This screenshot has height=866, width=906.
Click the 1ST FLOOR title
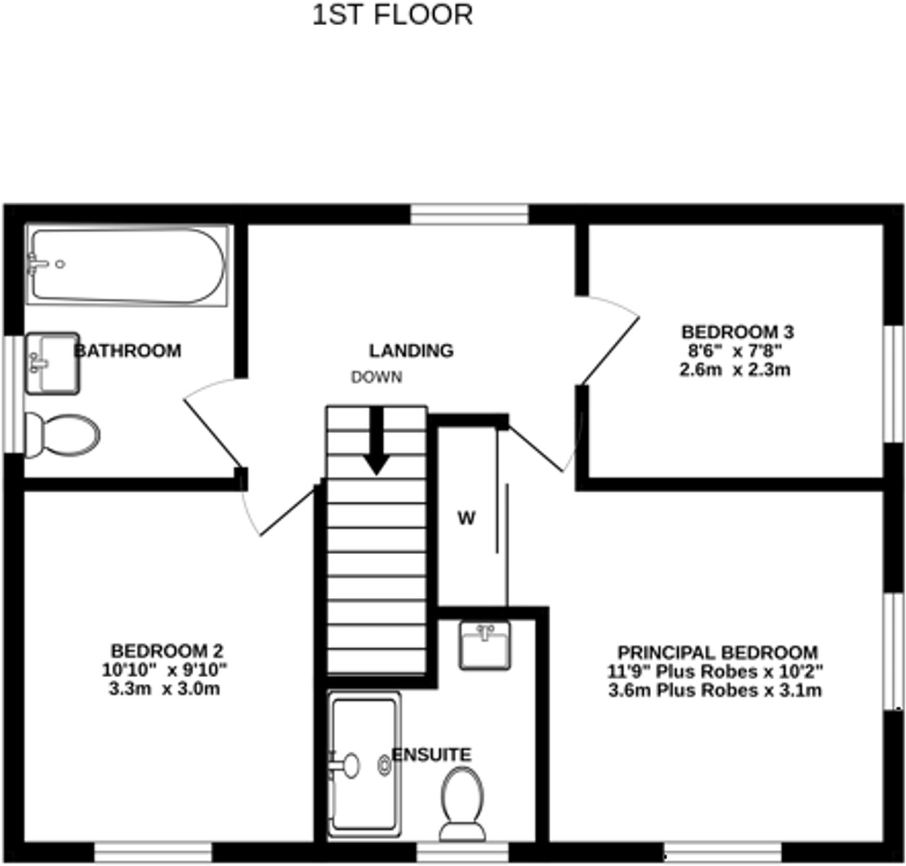[393, 15]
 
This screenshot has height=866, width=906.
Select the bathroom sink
[52, 363]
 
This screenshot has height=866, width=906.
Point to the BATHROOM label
[128, 351]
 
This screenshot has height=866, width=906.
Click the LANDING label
[411, 351]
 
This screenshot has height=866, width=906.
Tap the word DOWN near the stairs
[377, 377]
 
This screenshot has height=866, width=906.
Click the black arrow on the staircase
[376, 442]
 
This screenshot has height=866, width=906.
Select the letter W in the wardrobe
[467, 518]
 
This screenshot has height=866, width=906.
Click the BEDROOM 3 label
[737, 332]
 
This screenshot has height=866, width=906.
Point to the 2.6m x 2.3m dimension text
[735, 370]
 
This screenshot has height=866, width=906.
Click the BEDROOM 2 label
[167, 651]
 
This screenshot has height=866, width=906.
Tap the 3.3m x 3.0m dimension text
[164, 689]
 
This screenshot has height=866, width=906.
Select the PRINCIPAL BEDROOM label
[718, 653]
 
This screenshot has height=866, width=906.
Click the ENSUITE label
[432, 755]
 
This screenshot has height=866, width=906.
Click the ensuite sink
[485, 645]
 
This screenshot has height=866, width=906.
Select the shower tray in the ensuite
[364, 765]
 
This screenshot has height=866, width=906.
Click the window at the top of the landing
[469, 214]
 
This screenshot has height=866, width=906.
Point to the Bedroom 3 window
[894, 383]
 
